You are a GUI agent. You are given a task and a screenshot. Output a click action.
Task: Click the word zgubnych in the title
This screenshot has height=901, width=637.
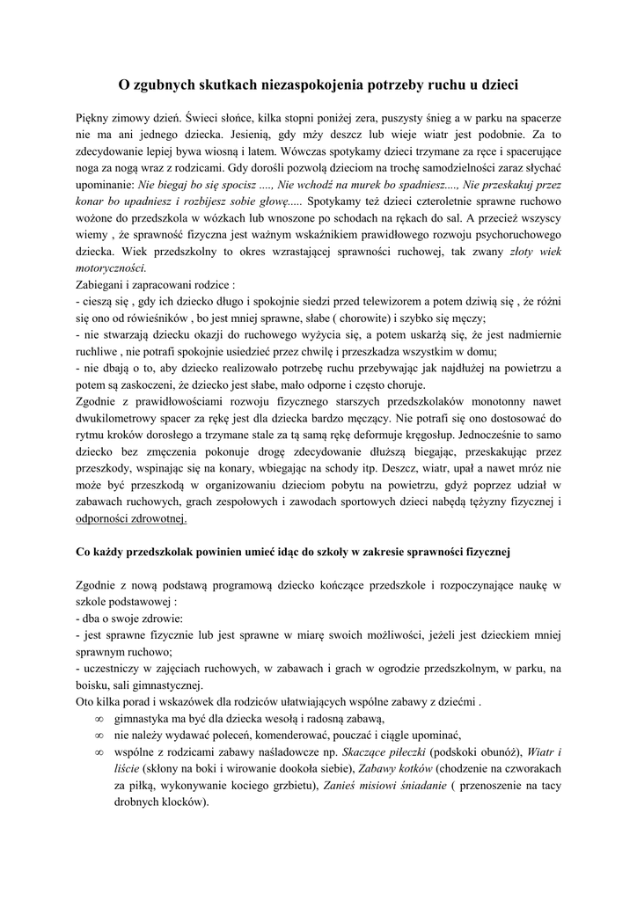165,84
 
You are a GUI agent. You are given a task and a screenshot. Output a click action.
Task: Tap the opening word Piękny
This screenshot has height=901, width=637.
95,117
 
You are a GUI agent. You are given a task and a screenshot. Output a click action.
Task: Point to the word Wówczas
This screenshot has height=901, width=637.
310,151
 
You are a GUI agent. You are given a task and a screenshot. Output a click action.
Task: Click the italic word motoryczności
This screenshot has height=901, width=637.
112,267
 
